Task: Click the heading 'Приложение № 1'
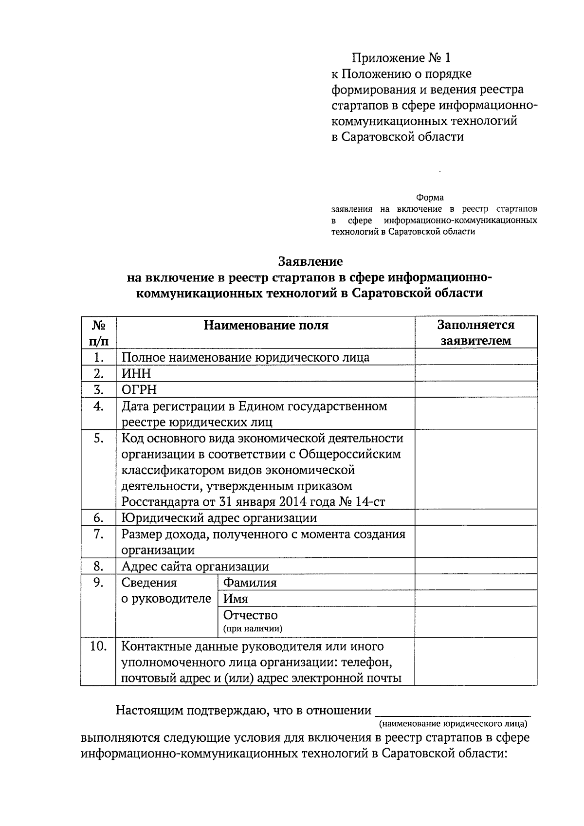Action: point(401,58)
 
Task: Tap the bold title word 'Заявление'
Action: point(310,261)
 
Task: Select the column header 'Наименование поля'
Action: point(265,325)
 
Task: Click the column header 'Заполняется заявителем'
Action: point(475,332)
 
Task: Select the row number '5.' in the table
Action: point(98,438)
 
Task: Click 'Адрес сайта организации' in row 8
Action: point(195,566)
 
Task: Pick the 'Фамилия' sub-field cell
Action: point(250,583)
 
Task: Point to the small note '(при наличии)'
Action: point(253,628)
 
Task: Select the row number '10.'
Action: point(98,646)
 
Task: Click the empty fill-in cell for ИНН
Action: point(475,373)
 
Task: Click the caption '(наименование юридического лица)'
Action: point(453,723)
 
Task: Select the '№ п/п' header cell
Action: point(98,332)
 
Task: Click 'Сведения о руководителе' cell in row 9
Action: point(165,590)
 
